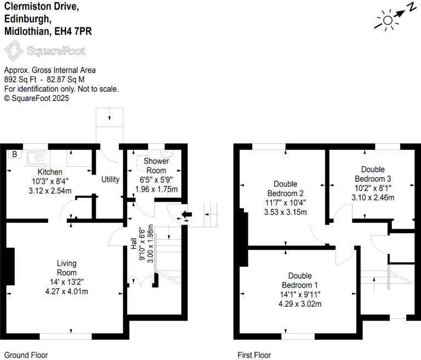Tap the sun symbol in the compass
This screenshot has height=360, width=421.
[x=387, y=20]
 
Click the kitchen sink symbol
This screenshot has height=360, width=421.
[x=37, y=159]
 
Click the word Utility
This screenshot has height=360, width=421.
[x=110, y=179]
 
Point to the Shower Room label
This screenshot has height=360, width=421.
[x=156, y=166]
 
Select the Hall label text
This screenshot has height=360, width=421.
[x=134, y=244]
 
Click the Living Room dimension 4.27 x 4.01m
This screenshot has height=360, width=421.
[x=66, y=292]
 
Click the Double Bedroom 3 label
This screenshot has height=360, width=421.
[x=373, y=174]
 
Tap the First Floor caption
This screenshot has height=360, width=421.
[x=254, y=355]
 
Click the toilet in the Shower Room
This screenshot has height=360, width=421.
[x=171, y=155]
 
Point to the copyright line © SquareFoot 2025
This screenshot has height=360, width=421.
[x=37, y=98]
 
